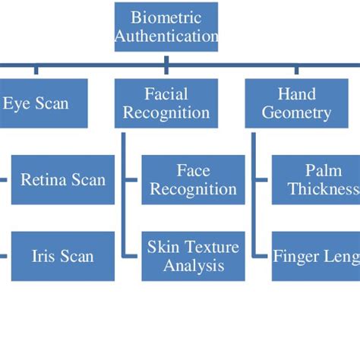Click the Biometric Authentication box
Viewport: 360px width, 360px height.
coord(166,27)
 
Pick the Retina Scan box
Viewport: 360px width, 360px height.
coord(63,180)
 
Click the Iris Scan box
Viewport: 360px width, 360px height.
coord(63,256)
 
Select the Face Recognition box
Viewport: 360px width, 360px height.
coord(194,180)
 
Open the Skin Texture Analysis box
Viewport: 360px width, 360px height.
coord(194,256)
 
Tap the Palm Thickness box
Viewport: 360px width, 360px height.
coord(316,180)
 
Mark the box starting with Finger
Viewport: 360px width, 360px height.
coord(316,256)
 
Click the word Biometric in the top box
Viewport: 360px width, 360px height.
coord(166,17)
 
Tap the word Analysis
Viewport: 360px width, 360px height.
coord(194,266)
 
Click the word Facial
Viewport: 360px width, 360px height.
coord(166,93)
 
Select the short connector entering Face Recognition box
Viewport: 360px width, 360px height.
coord(131,180)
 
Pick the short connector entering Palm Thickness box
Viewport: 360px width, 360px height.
coord(263,180)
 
